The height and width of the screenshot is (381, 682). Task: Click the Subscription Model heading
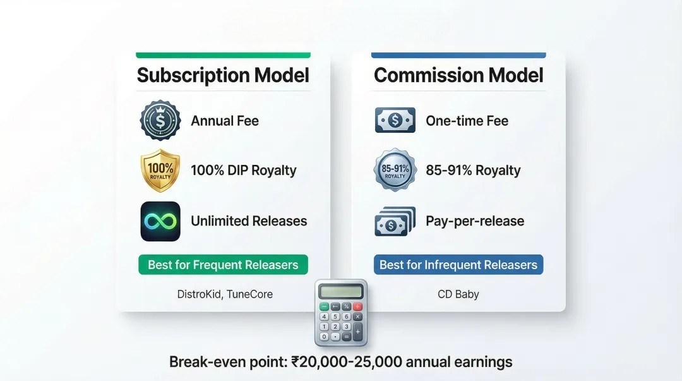pyautogui.click(x=223, y=75)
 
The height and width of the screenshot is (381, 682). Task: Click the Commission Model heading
pyautogui.click(x=458, y=75)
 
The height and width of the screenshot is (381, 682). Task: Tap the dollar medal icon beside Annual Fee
pyautogui.click(x=160, y=121)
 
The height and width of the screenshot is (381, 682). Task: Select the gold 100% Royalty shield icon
pyautogui.click(x=160, y=171)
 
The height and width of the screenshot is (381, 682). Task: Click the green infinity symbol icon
pyautogui.click(x=160, y=221)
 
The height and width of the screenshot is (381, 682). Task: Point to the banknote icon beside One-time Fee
pyautogui.click(x=395, y=120)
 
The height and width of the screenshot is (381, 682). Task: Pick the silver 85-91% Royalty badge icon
pyautogui.click(x=395, y=170)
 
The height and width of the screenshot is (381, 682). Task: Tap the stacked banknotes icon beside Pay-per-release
pyautogui.click(x=395, y=222)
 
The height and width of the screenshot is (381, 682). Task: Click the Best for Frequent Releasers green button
pyautogui.click(x=223, y=265)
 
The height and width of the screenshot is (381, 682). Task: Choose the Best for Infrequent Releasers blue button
pyautogui.click(x=458, y=265)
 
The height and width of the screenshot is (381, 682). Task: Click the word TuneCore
pyautogui.click(x=249, y=294)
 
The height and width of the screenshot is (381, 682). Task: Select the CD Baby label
pyautogui.click(x=458, y=294)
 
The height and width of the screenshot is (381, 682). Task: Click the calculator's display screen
pyautogui.click(x=340, y=291)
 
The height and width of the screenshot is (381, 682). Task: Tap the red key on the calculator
pyautogui.click(x=357, y=306)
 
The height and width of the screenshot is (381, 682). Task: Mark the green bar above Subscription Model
pyautogui.click(x=223, y=56)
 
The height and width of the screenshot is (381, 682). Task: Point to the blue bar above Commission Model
pyautogui.click(x=458, y=56)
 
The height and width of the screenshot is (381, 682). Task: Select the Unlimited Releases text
pyautogui.click(x=249, y=221)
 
